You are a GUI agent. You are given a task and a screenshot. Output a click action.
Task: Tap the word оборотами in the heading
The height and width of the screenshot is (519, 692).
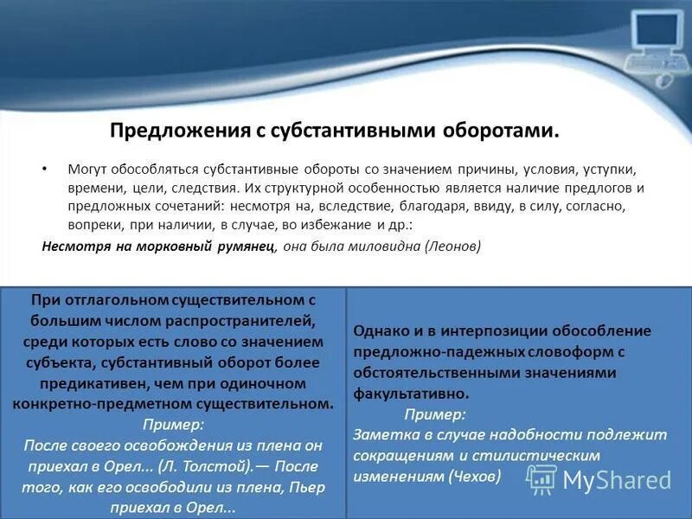click(507, 131)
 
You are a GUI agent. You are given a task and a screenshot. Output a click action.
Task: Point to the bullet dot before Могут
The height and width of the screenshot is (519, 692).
click(45, 167)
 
